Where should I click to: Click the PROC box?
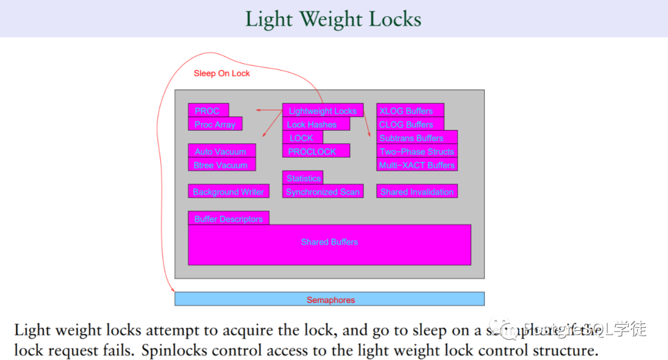point(208,111)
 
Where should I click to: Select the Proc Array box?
point(215,124)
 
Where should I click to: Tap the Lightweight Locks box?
point(322,111)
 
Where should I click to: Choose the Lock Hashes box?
point(315,124)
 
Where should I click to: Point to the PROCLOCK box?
point(315,151)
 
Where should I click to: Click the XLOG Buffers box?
point(409,111)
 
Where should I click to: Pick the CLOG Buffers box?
point(409,124)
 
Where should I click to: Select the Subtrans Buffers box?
point(416,138)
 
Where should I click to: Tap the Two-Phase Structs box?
point(416,152)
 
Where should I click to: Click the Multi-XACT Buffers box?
point(416,165)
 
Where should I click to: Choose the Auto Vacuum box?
point(221,152)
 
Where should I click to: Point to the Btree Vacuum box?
point(221,165)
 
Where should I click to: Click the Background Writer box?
point(228,192)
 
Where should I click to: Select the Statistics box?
point(303,178)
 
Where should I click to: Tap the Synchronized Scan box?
point(322,192)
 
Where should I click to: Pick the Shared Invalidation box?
point(416,192)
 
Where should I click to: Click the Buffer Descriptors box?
point(228,218)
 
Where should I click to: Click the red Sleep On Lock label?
point(221,73)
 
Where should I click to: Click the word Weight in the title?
point(334,19)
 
